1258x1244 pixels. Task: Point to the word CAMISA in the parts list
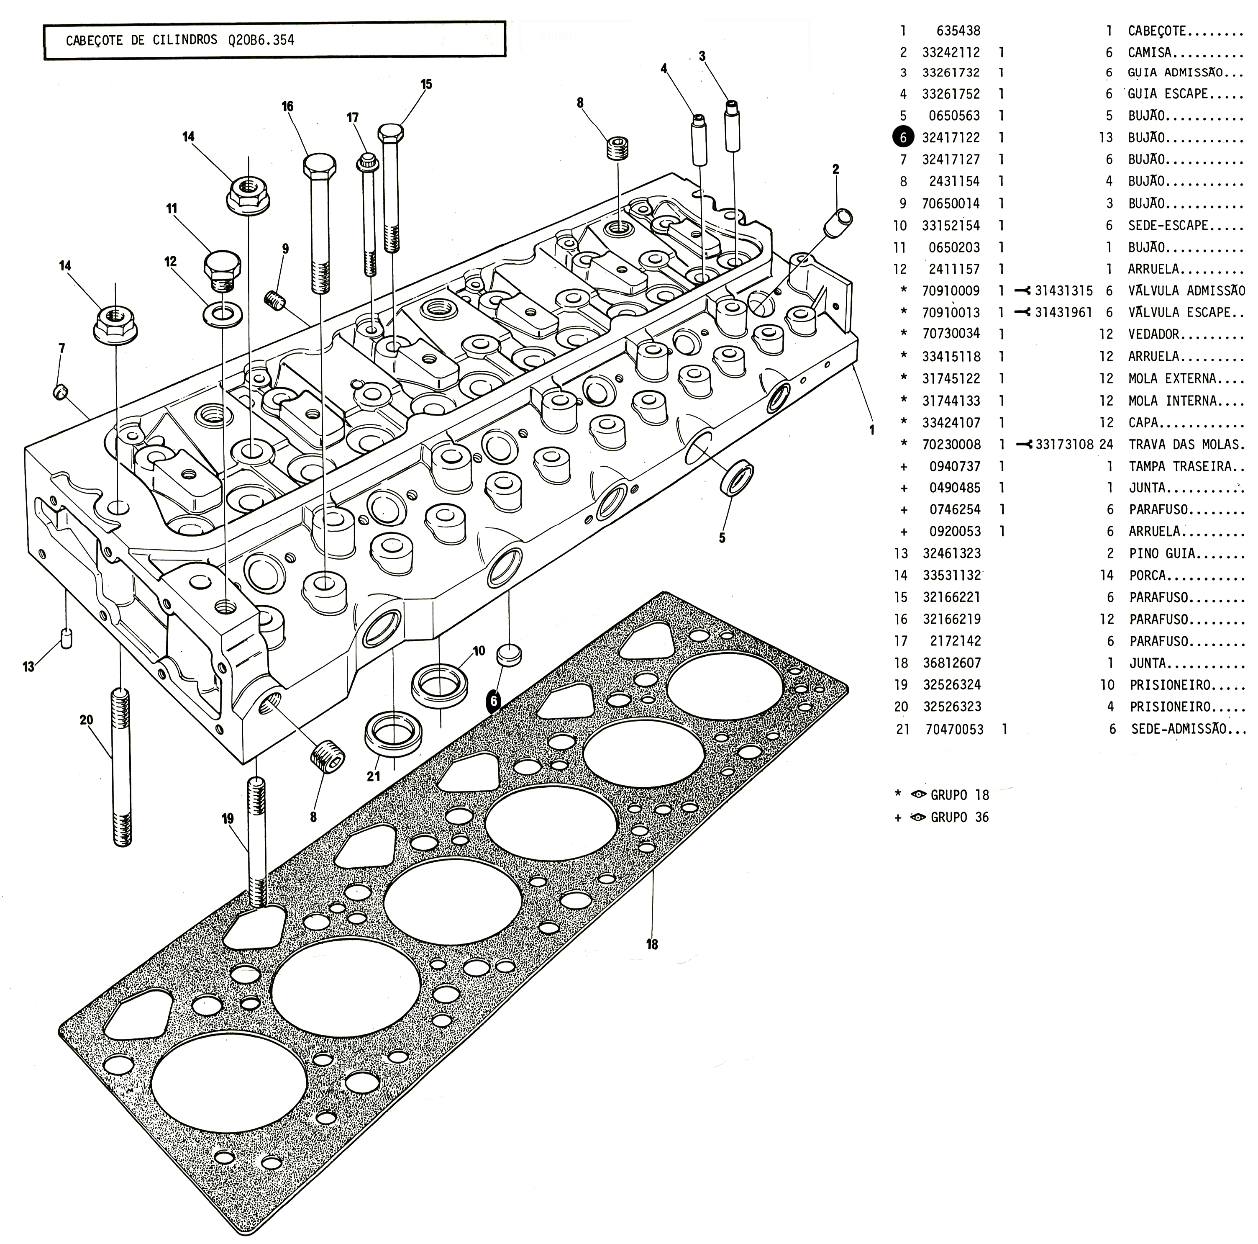[1149, 52]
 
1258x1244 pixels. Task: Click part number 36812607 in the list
[951, 663]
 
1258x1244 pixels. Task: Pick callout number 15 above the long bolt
[426, 84]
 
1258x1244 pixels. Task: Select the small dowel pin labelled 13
[66, 638]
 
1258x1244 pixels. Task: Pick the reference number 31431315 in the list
[1063, 290]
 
